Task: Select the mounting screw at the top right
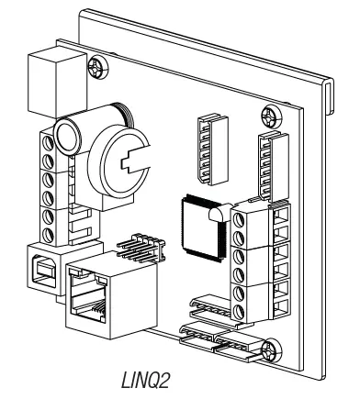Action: pos(269,116)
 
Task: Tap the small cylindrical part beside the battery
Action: pos(69,134)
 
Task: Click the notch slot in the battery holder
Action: pos(137,163)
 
